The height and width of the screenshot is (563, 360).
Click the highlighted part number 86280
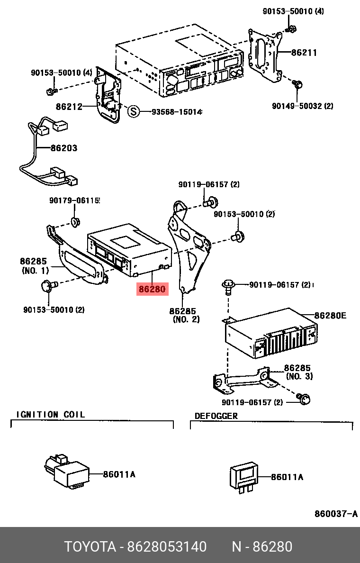[152, 289]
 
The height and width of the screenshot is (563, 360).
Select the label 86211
[304, 53]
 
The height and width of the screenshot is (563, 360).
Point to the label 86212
[69, 107]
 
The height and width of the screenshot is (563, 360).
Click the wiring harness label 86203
[63, 148]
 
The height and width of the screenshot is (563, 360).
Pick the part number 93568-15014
[177, 112]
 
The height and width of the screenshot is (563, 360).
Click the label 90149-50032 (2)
[302, 106]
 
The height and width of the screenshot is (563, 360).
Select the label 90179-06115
[74, 200]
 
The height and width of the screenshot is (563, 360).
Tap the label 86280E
[330, 316]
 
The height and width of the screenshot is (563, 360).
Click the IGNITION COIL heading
[51, 414]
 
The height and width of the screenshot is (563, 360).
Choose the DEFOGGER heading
[216, 416]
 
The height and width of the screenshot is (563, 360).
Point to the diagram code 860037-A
[336, 514]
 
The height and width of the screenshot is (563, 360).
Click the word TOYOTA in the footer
[90, 547]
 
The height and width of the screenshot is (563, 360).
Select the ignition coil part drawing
[67, 471]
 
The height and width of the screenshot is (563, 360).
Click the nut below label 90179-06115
[75, 222]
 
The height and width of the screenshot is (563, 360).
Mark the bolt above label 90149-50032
[297, 85]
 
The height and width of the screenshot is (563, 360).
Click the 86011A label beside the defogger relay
[287, 477]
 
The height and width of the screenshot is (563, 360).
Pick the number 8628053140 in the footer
[167, 547]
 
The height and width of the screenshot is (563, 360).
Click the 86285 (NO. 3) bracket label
[298, 372]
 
